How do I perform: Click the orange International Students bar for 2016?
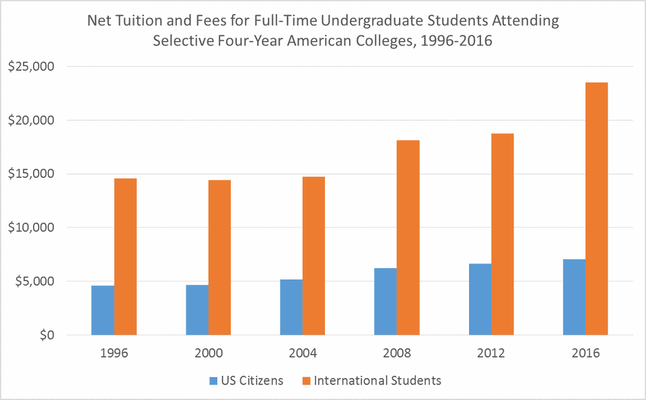[x=597, y=209]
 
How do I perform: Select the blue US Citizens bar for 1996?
[x=102, y=310]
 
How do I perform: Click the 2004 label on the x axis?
[x=302, y=354]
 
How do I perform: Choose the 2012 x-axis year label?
[x=491, y=354]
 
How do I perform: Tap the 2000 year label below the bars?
[x=208, y=354]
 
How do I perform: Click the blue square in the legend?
[x=213, y=381]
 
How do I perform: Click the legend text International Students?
[x=377, y=380]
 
